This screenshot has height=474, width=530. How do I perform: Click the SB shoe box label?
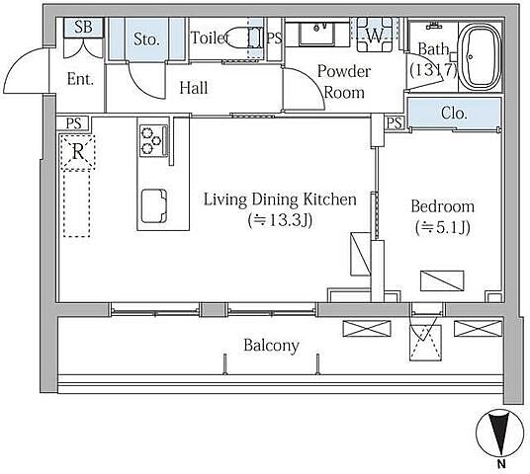[83, 27]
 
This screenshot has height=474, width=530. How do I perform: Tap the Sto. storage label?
[146, 39]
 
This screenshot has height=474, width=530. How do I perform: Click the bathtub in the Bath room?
[480, 56]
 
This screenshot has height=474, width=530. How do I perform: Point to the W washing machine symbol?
[375, 35]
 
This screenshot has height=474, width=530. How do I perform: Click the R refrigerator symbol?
[78, 152]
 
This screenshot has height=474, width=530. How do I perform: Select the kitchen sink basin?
[154, 206]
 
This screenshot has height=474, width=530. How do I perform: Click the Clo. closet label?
[454, 114]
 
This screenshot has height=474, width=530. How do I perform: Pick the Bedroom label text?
[442, 206]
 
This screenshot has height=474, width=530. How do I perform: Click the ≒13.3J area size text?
[280, 221]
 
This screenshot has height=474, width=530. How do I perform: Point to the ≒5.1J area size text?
[442, 227]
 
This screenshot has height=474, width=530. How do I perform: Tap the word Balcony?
[271, 346]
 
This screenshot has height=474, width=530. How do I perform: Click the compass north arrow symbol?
[499, 434]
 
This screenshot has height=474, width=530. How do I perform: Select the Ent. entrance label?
[80, 79]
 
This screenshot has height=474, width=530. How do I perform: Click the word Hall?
[194, 88]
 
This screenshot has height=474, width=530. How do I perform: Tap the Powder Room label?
[344, 82]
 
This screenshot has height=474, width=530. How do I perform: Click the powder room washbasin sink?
[317, 34]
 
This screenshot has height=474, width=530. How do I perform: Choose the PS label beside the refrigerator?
[74, 123]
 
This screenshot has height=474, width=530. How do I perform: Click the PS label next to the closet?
[395, 122]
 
